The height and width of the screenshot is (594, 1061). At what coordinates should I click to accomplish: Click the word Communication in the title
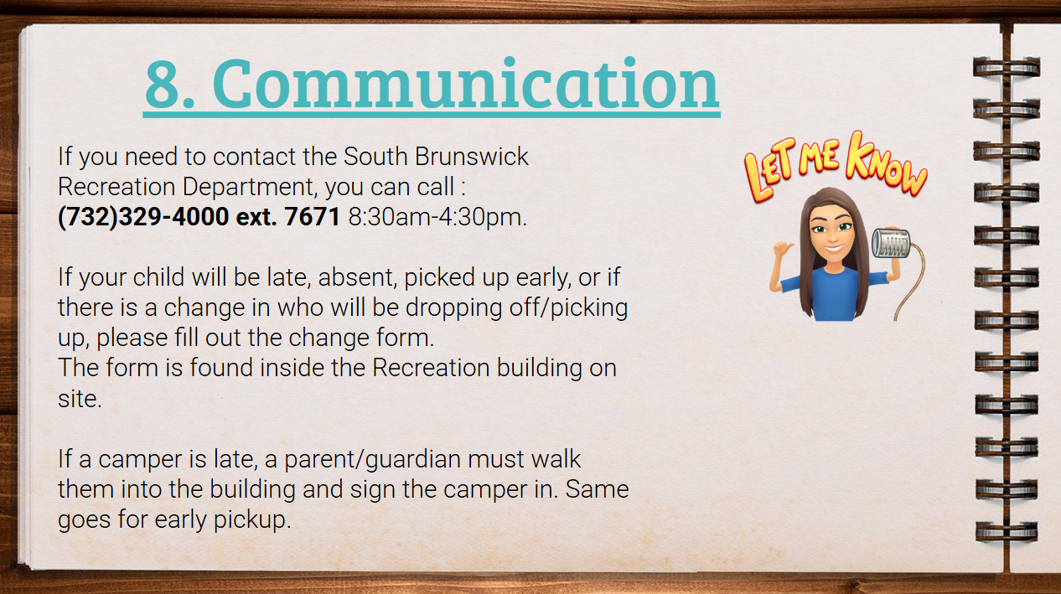click(x=466, y=84)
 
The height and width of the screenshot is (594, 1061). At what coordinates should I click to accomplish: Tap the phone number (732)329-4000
click(x=143, y=217)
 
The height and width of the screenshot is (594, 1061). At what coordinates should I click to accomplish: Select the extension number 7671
click(x=312, y=216)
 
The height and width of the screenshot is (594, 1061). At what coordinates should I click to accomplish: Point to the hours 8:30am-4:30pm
click(x=437, y=217)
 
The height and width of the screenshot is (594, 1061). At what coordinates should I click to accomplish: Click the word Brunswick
click(x=471, y=157)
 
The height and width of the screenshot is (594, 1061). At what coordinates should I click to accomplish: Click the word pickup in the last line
click(x=251, y=520)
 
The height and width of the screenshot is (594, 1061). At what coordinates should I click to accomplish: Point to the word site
click(x=80, y=398)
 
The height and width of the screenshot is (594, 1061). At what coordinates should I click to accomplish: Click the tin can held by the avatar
click(x=891, y=243)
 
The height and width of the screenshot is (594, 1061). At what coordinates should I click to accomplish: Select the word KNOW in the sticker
click(x=886, y=164)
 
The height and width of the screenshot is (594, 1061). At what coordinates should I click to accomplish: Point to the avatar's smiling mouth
click(x=833, y=248)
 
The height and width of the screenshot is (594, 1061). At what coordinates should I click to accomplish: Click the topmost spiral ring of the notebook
click(x=1007, y=67)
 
